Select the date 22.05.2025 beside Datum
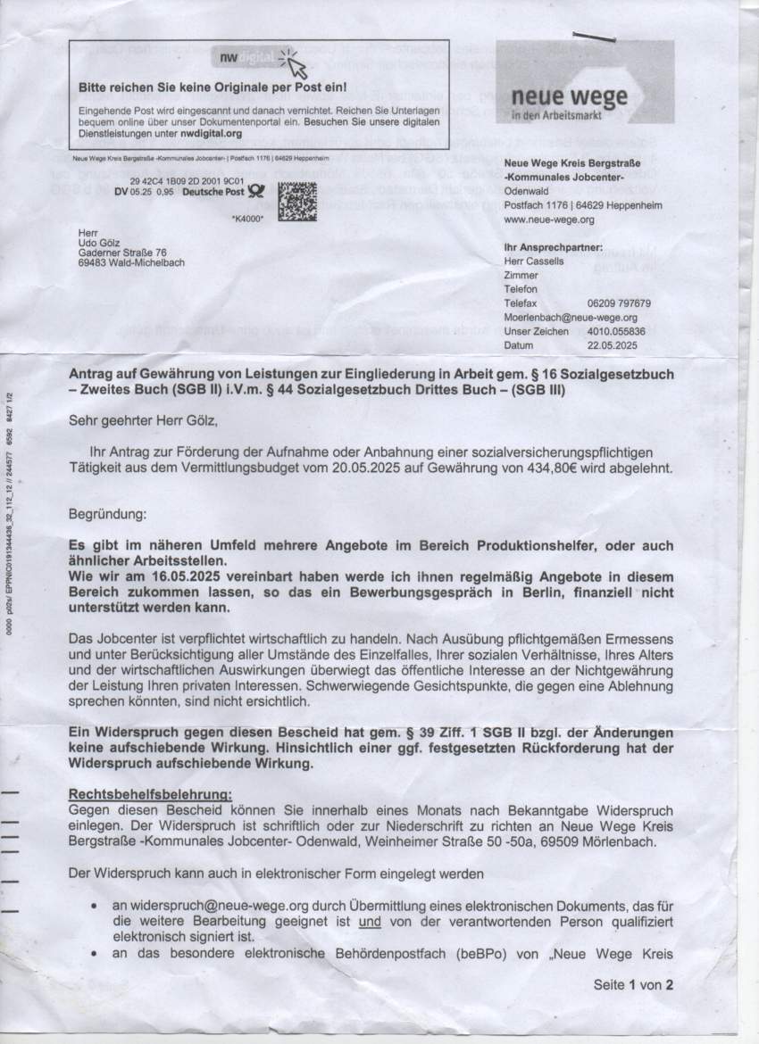pos(613,344)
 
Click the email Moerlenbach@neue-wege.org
pos(571,317)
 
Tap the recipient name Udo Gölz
pos(102,244)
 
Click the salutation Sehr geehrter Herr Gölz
pos(144,417)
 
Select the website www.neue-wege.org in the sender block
pos(549,219)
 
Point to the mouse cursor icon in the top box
pos(296,64)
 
